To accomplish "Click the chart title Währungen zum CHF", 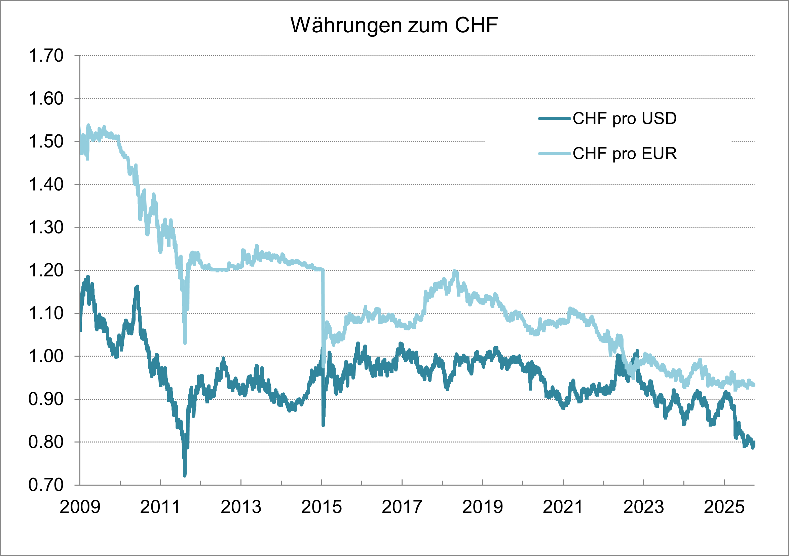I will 394,25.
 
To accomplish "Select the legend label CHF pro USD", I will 625,119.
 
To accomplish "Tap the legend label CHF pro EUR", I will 625,154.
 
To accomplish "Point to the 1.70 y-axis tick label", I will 46,56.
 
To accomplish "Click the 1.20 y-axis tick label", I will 46,270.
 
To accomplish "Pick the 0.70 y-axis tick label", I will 46,485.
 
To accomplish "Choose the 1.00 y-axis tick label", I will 46,356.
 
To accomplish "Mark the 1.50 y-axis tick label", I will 46,142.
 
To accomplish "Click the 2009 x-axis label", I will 80,507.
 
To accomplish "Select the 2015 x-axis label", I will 321,507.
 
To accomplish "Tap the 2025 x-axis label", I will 724,507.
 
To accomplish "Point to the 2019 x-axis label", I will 483,507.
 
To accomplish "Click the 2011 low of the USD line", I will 185,475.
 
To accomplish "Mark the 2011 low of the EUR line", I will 185,342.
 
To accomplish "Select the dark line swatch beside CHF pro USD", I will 554,119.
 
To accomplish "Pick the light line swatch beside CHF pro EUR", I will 554,154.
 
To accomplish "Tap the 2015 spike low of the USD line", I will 323,425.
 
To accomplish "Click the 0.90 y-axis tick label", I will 46,399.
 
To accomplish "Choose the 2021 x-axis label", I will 563,507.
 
